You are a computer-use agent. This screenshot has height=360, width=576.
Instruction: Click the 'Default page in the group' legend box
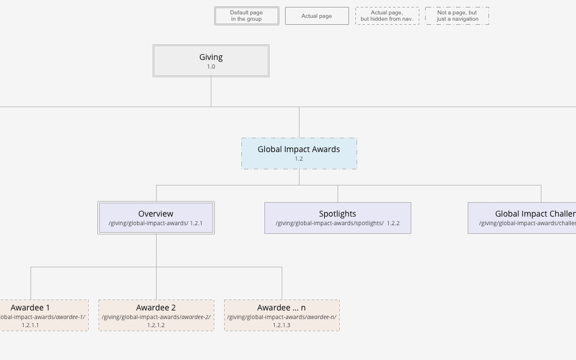coord(247,16)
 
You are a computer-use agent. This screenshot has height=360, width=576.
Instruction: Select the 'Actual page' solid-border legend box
coord(317,16)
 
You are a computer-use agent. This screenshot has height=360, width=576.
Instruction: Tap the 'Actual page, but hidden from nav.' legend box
coord(387,16)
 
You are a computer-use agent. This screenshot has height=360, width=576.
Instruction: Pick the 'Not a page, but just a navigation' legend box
coord(457,16)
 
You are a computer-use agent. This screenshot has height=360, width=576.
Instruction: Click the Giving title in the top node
coord(211,57)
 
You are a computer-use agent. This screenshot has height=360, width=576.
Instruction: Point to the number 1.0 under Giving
coord(211,67)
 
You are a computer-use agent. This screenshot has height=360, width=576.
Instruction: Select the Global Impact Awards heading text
coord(298,149)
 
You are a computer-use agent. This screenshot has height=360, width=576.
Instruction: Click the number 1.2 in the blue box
coord(298,159)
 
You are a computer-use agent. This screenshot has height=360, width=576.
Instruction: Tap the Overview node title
coord(156,214)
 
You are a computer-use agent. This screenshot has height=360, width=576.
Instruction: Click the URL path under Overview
coord(148,223)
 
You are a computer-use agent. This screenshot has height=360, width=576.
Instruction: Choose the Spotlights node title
coord(338,214)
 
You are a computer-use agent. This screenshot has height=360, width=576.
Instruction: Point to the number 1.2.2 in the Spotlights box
coord(393,223)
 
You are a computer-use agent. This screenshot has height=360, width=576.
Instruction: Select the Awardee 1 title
coord(30,308)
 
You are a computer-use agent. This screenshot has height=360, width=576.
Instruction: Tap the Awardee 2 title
coord(156,308)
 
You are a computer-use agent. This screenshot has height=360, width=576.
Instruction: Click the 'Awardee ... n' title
coord(281,308)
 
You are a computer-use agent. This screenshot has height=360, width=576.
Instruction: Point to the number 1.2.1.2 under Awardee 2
coord(156,325)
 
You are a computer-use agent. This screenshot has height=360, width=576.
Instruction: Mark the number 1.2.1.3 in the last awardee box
coord(282,325)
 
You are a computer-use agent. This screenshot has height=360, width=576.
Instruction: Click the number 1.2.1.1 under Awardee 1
coord(31,325)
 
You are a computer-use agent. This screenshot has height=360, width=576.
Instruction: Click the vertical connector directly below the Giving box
coord(211,92)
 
